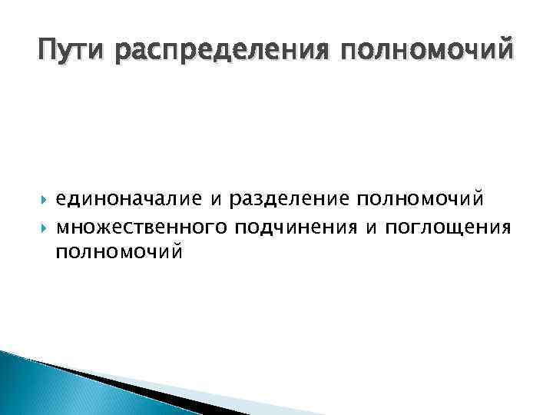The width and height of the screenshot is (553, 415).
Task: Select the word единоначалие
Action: (x=127, y=200)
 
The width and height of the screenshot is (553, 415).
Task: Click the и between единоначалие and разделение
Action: (x=217, y=201)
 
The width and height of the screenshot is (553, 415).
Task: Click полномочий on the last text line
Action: (x=119, y=251)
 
